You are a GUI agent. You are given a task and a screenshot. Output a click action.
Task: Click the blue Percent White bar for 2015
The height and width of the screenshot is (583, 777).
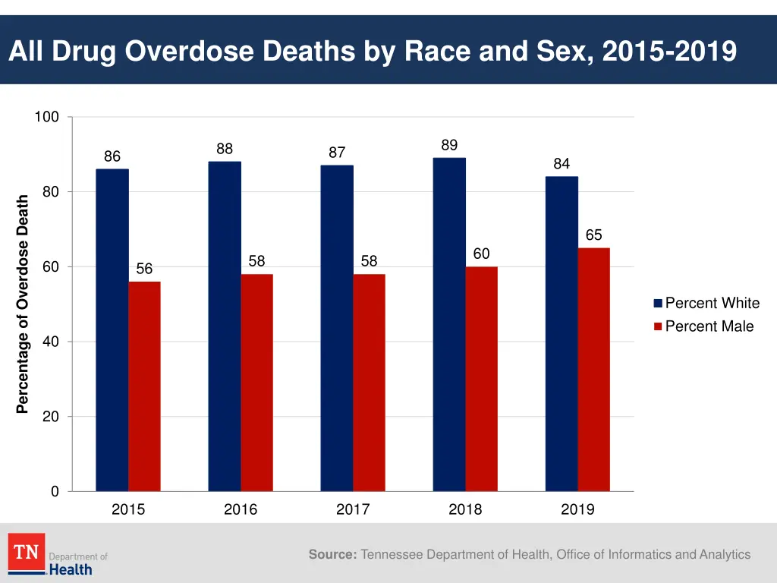112,329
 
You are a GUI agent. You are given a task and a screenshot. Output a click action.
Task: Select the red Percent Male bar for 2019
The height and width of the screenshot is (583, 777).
593,369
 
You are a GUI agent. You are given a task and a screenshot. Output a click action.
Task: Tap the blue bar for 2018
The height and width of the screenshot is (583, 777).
449,324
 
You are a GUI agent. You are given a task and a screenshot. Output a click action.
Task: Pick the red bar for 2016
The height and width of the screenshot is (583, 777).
256,383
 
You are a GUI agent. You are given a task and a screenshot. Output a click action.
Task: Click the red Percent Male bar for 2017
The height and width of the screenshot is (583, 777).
369,383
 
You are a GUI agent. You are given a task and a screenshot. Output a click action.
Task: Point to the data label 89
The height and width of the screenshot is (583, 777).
449,145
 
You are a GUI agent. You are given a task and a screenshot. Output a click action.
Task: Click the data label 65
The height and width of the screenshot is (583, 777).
593,235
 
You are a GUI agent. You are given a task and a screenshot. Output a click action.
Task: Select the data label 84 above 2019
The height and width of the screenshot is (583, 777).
562,164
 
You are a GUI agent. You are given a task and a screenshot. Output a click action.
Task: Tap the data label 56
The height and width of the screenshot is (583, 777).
144,269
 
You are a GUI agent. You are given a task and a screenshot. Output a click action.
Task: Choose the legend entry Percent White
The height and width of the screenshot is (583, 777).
712,304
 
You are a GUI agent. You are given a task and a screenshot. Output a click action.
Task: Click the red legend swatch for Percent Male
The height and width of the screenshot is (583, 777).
659,326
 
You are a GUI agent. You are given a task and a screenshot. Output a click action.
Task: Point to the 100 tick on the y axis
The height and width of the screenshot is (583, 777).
46,117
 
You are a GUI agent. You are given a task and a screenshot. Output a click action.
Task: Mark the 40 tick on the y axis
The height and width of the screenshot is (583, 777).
50,342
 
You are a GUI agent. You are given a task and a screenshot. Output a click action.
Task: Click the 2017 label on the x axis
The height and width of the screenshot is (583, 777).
353,510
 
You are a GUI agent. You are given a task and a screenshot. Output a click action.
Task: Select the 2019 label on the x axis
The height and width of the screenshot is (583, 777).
577,510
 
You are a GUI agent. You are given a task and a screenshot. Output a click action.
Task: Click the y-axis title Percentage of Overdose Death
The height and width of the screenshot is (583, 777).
23,304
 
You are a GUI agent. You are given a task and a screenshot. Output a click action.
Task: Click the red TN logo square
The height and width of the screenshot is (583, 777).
27,552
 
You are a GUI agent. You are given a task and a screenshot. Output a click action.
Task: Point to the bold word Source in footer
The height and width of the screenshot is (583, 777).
332,555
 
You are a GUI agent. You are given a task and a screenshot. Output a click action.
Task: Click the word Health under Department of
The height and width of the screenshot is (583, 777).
71,569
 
